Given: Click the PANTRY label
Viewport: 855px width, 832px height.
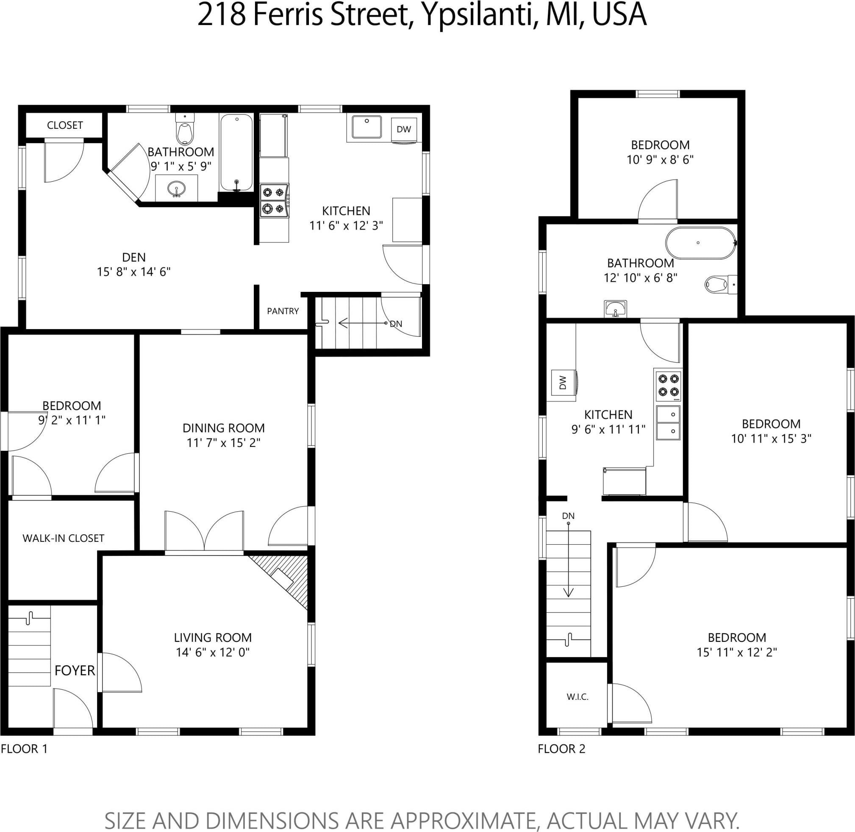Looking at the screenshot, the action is tap(283, 311).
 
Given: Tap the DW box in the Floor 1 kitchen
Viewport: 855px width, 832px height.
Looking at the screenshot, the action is tap(404, 129).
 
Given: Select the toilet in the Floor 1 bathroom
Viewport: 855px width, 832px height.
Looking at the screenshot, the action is tap(184, 129).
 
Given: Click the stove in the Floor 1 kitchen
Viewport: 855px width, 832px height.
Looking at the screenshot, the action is tap(274, 200).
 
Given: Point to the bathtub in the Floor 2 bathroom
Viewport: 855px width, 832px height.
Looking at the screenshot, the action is tap(701, 243).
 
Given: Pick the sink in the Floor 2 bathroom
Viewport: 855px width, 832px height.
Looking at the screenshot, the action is tap(616, 309).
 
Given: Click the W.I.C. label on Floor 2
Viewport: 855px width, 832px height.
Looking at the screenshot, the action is tap(577, 697).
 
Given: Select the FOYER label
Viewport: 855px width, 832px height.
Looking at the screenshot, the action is tap(75, 670).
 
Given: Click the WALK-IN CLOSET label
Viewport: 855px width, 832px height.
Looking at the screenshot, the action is tap(64, 538).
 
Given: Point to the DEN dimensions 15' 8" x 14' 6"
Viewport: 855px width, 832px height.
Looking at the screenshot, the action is tap(133, 272).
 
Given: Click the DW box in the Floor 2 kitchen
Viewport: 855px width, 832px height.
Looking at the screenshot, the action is tap(563, 383).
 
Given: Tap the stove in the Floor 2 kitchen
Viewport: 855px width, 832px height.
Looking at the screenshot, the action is tap(668, 385).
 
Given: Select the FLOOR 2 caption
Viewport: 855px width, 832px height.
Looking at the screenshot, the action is tap(561, 749).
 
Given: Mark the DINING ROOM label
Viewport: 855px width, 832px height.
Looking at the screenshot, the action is tap(223, 428).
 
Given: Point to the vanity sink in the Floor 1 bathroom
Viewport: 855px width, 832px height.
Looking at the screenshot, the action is tap(177, 189).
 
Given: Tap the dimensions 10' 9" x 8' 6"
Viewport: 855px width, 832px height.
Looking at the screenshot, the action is tap(660, 160).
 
